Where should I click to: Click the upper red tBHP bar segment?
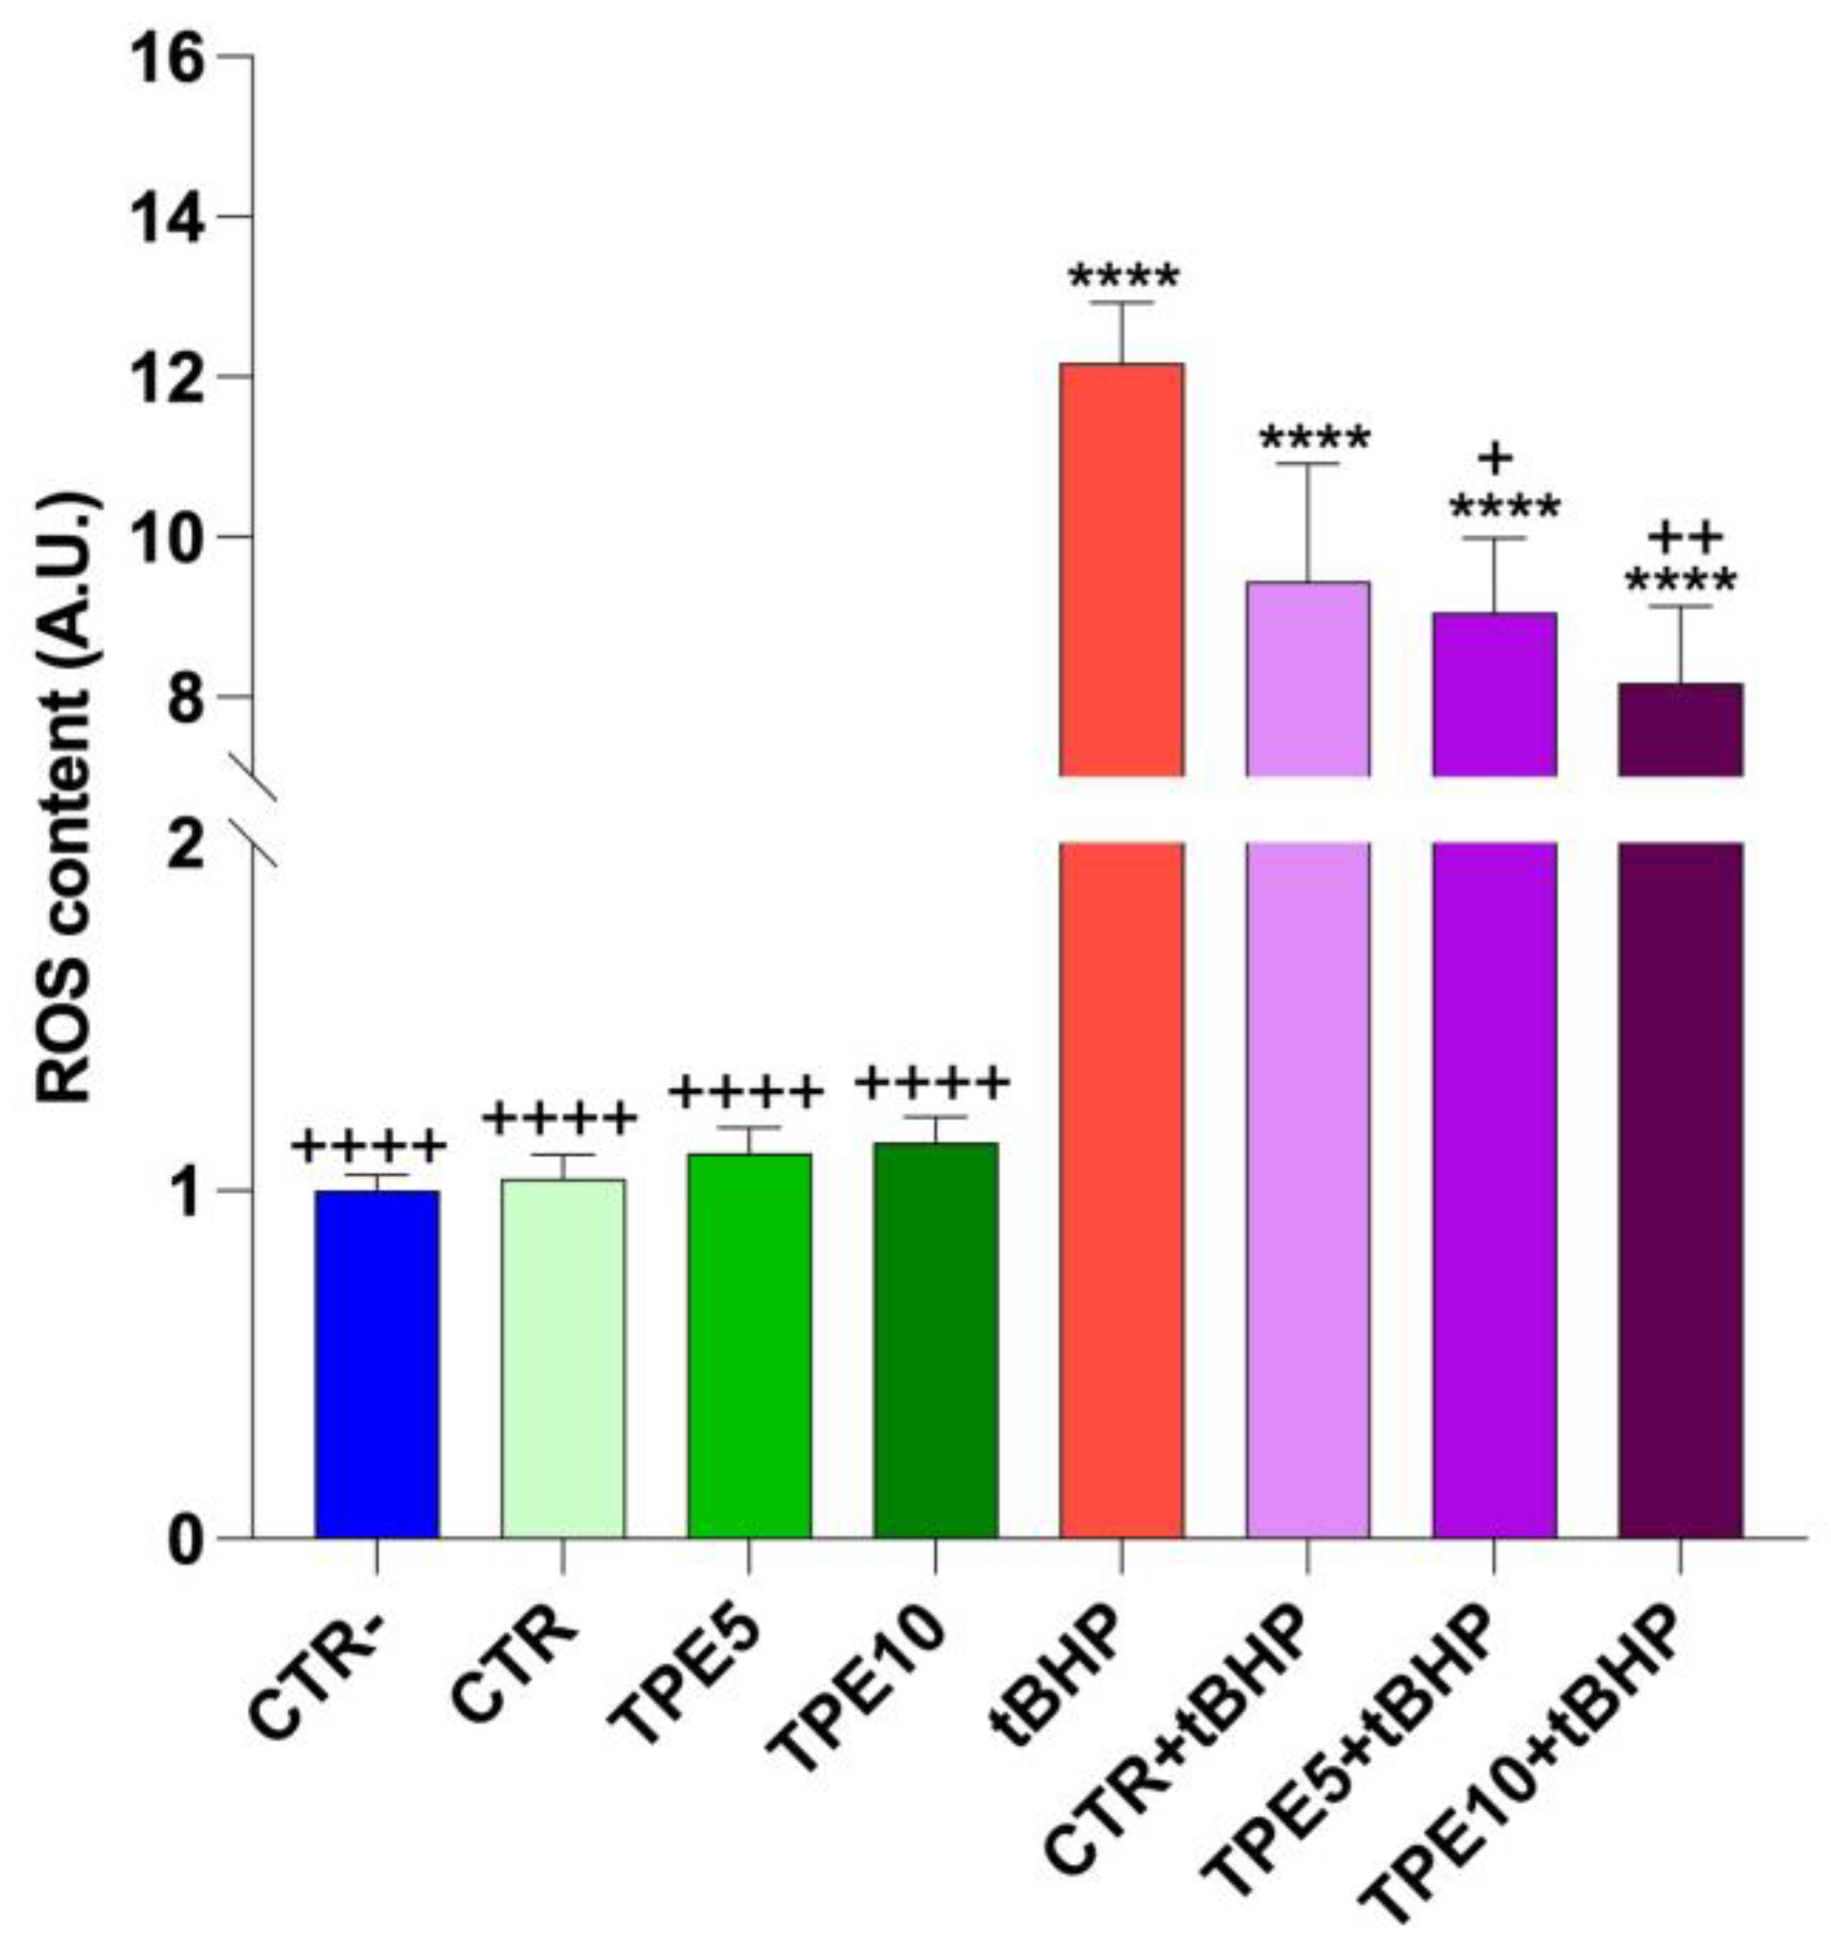click(1121, 569)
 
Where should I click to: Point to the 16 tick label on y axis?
click(167, 59)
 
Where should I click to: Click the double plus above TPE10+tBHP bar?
click(1684, 538)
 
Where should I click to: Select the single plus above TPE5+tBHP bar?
click(1495, 458)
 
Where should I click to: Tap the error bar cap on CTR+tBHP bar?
click(1307, 463)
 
